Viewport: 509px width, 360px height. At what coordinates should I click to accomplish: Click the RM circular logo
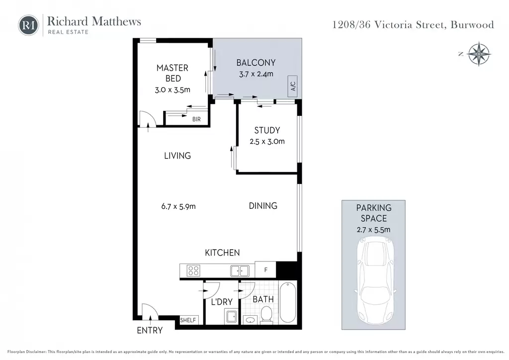pos(28,25)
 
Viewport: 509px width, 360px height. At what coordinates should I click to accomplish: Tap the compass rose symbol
pos(479,54)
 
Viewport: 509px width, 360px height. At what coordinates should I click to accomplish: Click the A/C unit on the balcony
pos(293,86)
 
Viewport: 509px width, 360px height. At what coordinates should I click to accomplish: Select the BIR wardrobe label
pos(196,119)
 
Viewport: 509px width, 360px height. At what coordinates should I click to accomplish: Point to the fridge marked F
pos(265,270)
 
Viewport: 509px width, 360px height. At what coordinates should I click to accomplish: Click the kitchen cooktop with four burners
pos(193,270)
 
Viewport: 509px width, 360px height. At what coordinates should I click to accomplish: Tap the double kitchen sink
pos(240,270)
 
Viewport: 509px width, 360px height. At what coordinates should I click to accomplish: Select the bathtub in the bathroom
pos(288,302)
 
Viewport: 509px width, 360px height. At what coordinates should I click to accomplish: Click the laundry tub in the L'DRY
pos(231,317)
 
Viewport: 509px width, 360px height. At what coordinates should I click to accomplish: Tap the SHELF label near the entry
pos(188,320)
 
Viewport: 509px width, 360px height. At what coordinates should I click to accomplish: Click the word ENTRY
pos(150,331)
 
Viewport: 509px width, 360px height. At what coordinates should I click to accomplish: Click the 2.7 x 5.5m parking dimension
pos(374,230)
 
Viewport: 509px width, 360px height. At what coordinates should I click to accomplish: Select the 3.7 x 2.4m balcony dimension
pos(256,74)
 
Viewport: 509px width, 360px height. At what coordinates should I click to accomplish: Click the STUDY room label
pos(267,130)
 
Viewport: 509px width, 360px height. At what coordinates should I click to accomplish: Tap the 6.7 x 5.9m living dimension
pos(178,206)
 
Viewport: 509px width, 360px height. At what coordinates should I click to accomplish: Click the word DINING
pos(263,206)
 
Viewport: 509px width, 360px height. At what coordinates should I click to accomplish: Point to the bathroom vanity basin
pos(251,320)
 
